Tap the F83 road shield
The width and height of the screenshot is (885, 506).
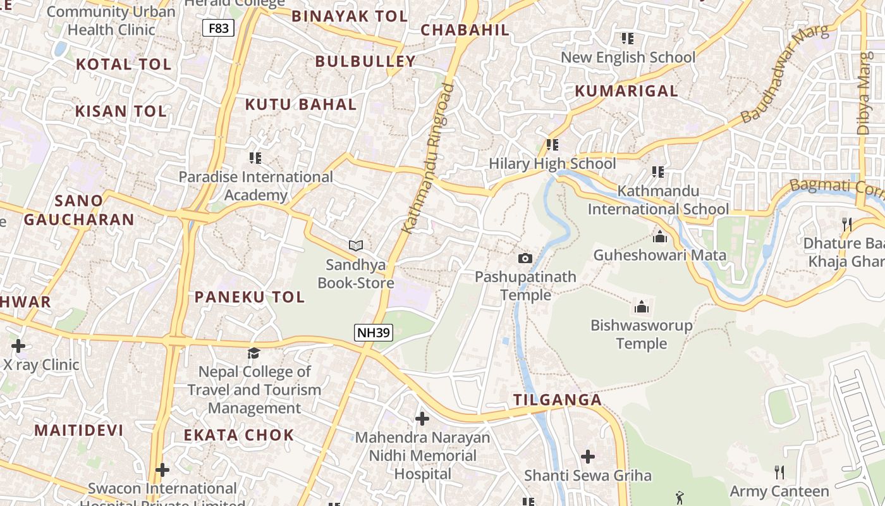tap(219, 28)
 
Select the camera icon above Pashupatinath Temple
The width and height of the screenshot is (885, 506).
tap(525, 258)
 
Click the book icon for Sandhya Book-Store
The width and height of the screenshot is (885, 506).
tap(356, 245)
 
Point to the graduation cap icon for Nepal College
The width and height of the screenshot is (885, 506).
tap(254, 353)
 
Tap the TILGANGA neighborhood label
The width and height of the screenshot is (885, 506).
tap(557, 400)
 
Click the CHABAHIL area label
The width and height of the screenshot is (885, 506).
tap(465, 30)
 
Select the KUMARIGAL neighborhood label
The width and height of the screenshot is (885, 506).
tap(626, 91)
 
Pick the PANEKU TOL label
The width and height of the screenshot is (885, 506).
tap(249, 297)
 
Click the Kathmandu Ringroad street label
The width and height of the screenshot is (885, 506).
tap(429, 158)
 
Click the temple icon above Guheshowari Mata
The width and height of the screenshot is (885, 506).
tap(660, 237)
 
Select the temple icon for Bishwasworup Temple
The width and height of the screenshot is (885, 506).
tap(642, 307)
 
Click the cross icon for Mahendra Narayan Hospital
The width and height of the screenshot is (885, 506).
tap(422, 418)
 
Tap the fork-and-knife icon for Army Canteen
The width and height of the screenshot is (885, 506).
tap(779, 472)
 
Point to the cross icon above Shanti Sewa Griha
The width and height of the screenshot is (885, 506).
tap(588, 456)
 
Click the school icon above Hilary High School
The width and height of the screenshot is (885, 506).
tap(552, 145)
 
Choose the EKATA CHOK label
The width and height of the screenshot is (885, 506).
tap(238, 435)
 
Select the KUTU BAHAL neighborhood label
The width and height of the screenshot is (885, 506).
tap(300, 104)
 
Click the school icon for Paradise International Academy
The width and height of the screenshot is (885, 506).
tap(255, 157)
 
